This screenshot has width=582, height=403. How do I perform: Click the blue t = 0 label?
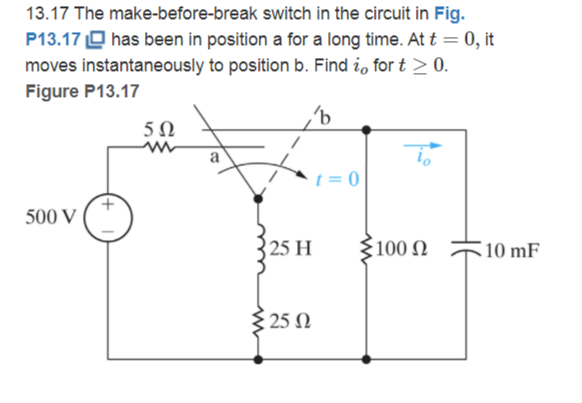[x=338, y=179]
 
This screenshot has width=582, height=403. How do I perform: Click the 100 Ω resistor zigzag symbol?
[x=365, y=250]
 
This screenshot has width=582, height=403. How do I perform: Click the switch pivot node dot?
[x=260, y=199]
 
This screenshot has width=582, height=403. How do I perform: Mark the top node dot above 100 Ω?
[x=365, y=130]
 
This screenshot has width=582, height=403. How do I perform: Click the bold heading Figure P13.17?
[x=82, y=91]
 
